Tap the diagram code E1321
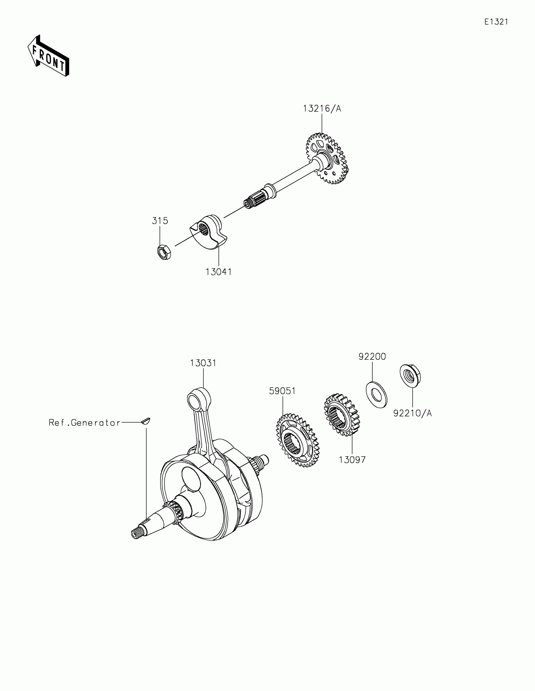pos(496,22)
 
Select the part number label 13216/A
pos(322,109)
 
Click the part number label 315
pos(160,221)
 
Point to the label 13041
pos(219,272)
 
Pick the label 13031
pos(203,363)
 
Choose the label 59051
pos(282,391)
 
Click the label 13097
pos(352,460)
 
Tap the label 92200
pos(372,357)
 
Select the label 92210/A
pos(413,413)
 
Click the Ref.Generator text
pos(84,423)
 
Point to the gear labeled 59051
pos(298,440)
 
